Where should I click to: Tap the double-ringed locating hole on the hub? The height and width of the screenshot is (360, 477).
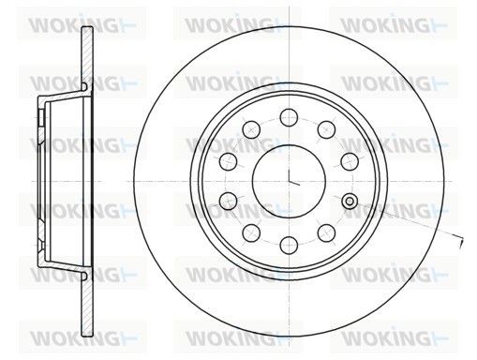coord(350,201)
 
